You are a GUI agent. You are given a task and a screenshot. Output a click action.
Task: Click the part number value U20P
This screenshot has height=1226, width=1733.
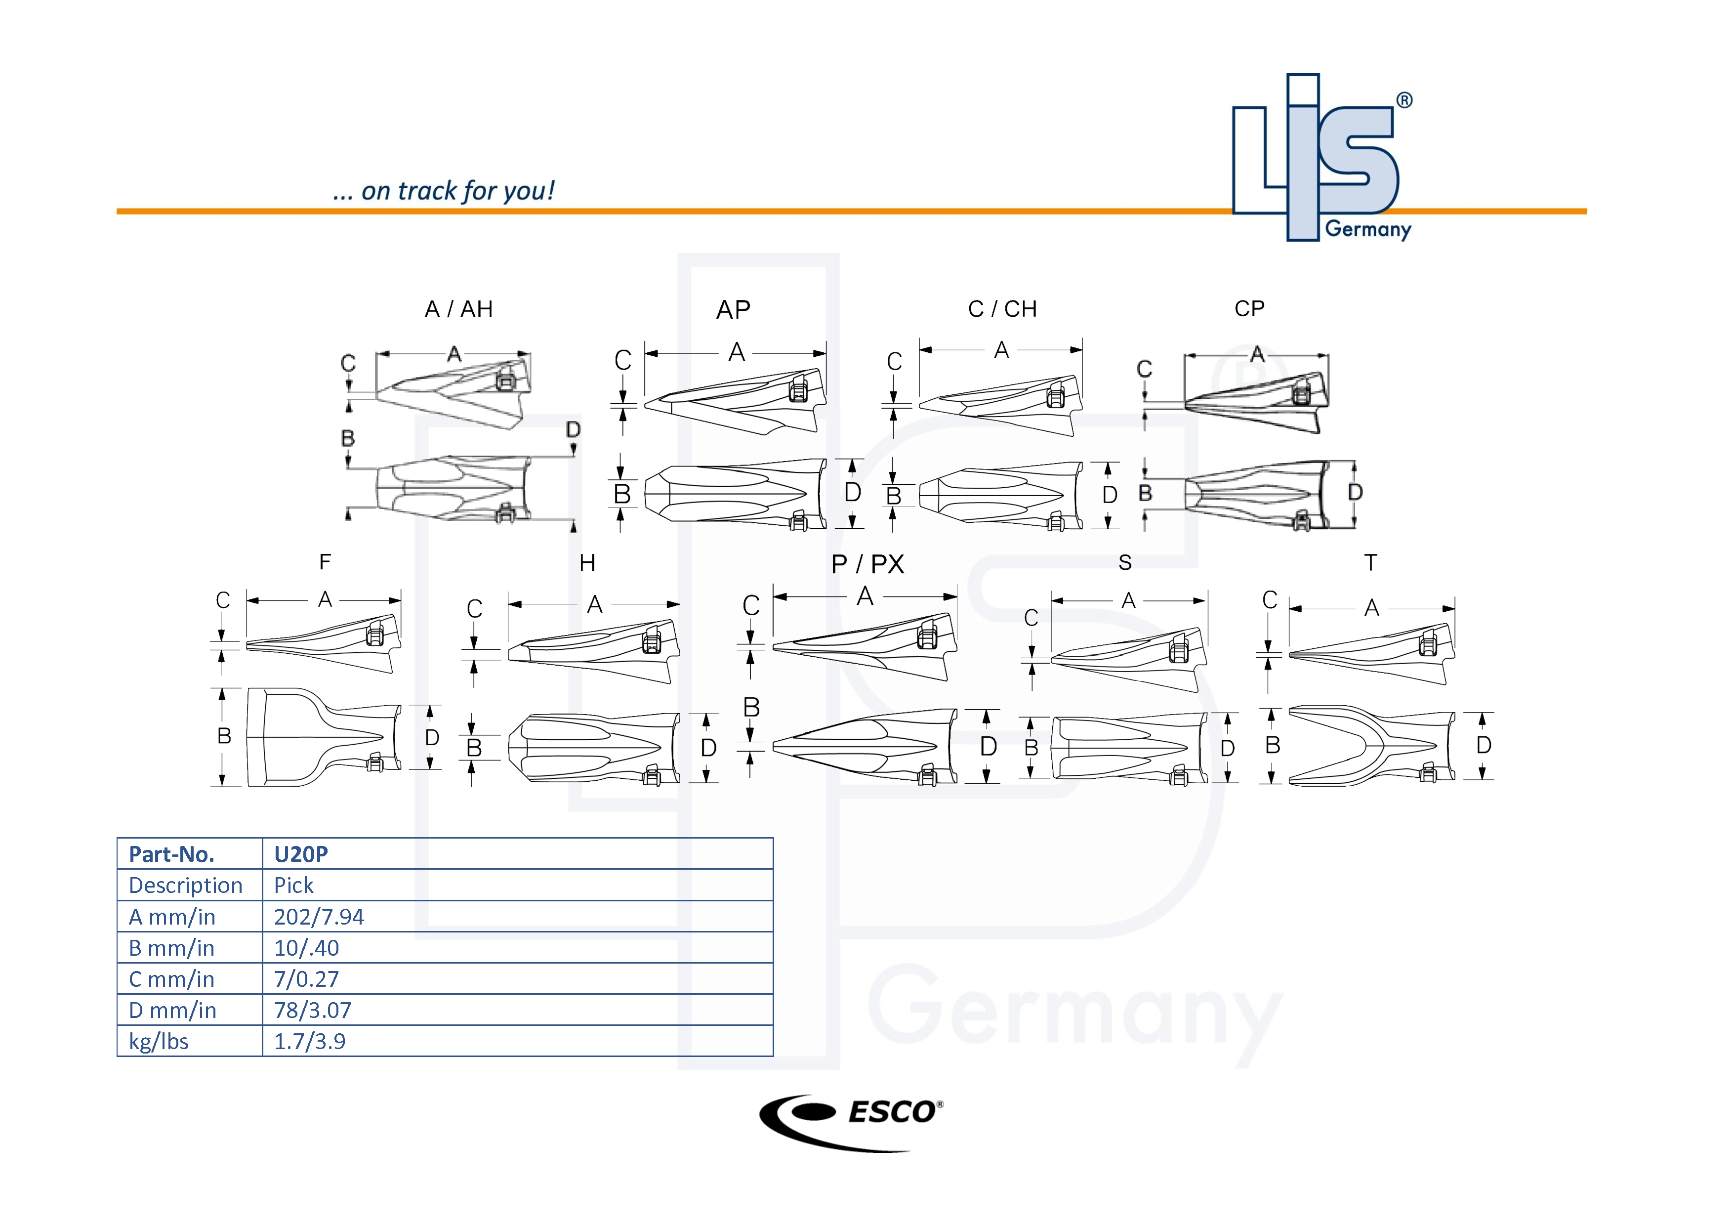tap(300, 854)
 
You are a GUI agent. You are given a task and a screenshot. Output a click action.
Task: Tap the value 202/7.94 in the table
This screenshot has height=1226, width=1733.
tap(319, 917)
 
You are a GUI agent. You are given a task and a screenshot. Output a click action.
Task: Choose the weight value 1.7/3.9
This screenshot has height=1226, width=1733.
tap(309, 1041)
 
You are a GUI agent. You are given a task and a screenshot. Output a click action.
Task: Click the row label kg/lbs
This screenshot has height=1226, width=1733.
tap(159, 1041)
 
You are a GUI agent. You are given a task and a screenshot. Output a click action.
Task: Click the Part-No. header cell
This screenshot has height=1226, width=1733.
tap(171, 854)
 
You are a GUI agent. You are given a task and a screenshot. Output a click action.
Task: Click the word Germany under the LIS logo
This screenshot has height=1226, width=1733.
tap(1368, 229)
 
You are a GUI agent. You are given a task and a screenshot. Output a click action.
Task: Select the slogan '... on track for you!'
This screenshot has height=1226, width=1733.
tap(443, 191)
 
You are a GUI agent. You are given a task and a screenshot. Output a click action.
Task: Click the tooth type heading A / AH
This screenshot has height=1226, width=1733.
tap(458, 309)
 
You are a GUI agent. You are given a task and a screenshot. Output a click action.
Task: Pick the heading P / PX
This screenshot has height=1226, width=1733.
tap(867, 564)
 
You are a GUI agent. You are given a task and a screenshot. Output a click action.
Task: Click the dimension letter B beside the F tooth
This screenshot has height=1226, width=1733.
tap(224, 736)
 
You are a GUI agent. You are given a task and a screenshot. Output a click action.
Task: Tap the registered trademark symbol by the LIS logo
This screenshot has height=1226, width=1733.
tap(1404, 100)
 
